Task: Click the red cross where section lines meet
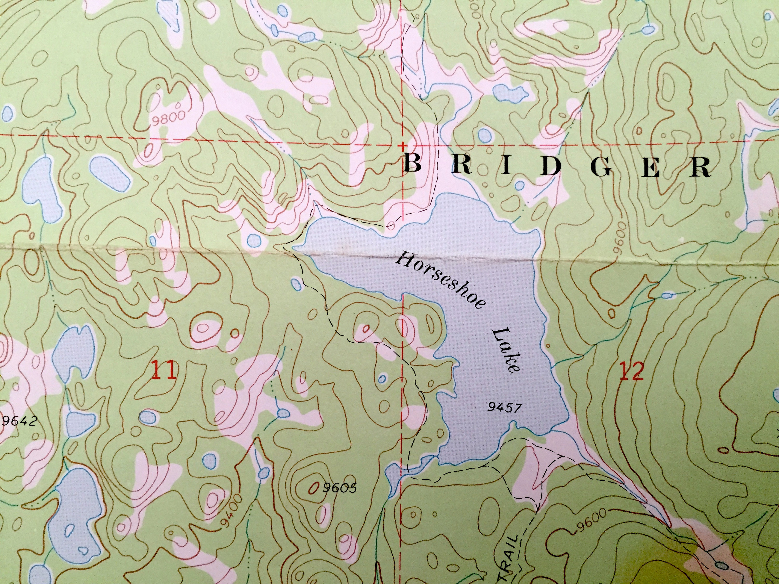pyautogui.click(x=402, y=145)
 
